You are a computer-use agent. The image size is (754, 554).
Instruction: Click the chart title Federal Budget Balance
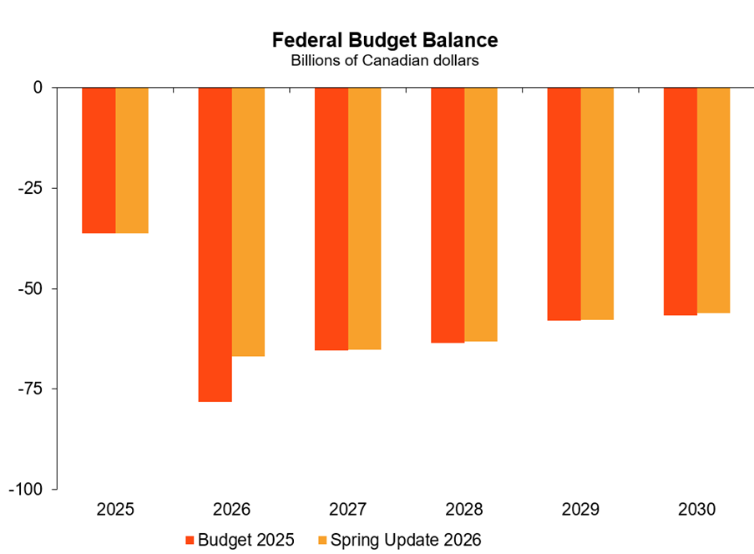[x=385, y=40]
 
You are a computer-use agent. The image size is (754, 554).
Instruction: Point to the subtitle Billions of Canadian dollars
[x=385, y=60]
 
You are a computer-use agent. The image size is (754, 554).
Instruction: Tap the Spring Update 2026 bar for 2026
[x=248, y=221]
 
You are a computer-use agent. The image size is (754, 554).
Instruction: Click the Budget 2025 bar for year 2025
[x=99, y=160]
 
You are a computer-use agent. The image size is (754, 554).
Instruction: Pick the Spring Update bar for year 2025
[x=132, y=160]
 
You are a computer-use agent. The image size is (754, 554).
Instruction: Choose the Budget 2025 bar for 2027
[x=331, y=218]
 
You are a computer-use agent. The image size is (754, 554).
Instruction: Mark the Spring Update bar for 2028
[x=481, y=214]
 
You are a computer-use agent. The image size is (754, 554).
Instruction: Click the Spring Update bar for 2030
[x=713, y=200]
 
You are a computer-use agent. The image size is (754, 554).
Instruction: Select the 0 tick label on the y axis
[x=38, y=88]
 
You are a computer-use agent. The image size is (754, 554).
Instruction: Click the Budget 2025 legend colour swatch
[x=190, y=540]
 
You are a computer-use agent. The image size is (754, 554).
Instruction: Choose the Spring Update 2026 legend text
[x=407, y=540]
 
